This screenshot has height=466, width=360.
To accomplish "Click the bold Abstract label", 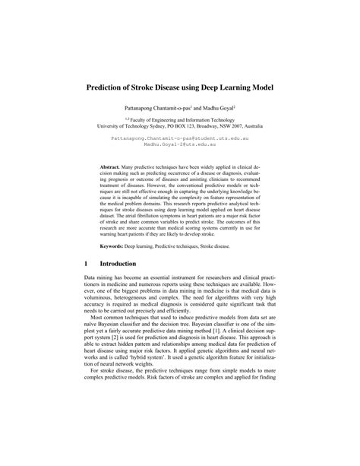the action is click(x=113, y=166).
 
